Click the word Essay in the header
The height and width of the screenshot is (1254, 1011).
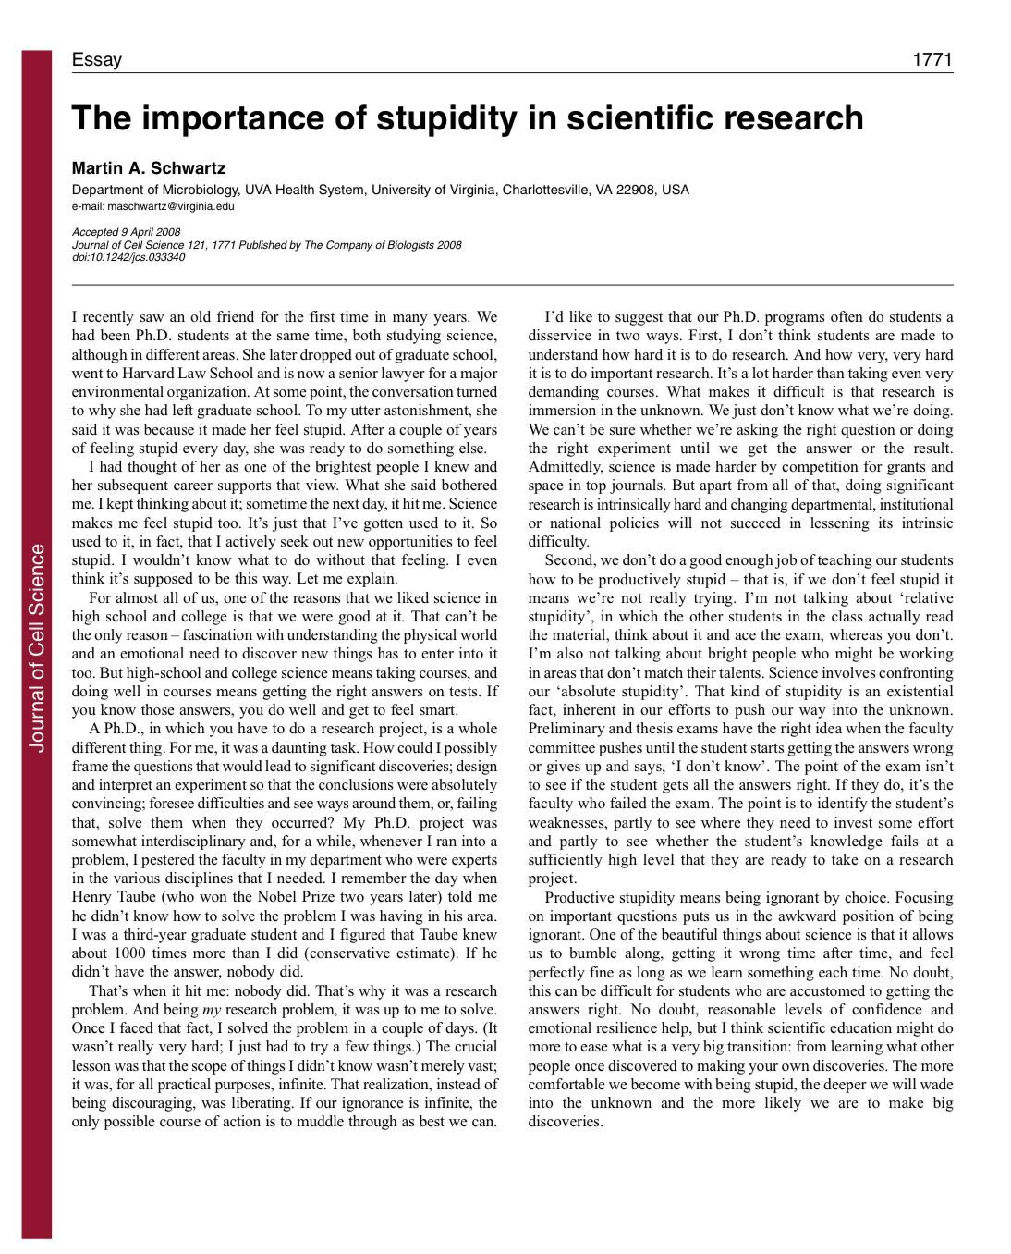point(96,60)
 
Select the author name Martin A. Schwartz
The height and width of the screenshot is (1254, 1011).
point(149,168)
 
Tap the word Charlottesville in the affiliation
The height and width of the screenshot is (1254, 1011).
point(546,190)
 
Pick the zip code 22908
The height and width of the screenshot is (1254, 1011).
point(638,190)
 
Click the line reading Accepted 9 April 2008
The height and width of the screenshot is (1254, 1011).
point(126,232)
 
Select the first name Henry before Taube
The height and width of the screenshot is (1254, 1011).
point(92,897)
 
